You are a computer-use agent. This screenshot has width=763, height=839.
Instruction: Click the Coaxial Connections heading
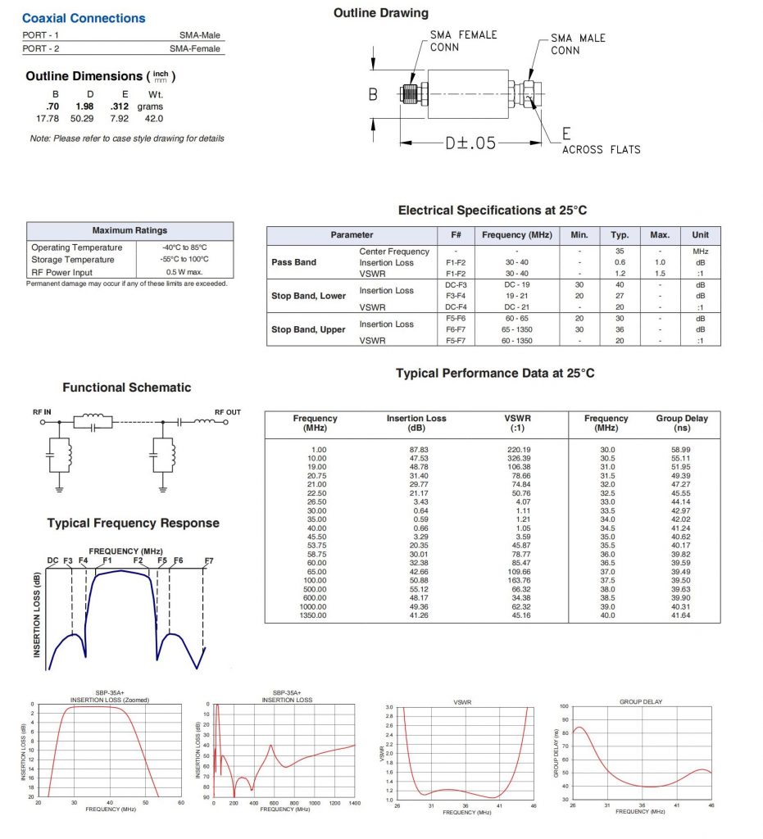pos(84,18)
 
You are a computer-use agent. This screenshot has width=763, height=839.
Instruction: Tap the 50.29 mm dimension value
pos(82,119)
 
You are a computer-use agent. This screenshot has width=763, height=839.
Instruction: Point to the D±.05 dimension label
pos(470,143)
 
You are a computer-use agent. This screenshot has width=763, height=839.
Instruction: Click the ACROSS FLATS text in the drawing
pos(601,149)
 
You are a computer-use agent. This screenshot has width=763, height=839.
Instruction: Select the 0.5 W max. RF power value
pos(184,272)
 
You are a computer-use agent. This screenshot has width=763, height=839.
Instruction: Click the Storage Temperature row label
pos(72,260)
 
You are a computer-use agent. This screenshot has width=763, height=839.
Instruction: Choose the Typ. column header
pos(620,235)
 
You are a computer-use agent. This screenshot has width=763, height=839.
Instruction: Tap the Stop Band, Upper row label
pos(310,329)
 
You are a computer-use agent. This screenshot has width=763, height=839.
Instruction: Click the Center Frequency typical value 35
pos(620,252)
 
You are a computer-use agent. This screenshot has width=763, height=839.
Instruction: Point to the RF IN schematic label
pos(42,412)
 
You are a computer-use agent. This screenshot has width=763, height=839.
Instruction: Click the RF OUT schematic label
pos(227,412)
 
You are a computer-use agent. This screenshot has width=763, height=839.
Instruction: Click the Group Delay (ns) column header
pos(682,423)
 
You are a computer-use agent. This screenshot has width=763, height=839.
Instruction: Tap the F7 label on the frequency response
pos(209,560)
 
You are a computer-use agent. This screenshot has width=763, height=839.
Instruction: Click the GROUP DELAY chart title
pos(641,701)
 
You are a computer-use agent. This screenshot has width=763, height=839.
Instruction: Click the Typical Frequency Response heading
pos(133,523)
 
